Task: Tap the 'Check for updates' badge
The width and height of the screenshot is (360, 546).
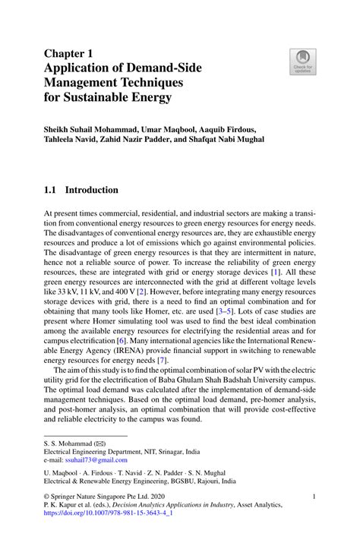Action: (x=302, y=62)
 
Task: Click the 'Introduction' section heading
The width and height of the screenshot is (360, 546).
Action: (x=92, y=190)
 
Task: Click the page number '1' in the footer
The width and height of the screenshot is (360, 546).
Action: (x=314, y=496)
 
